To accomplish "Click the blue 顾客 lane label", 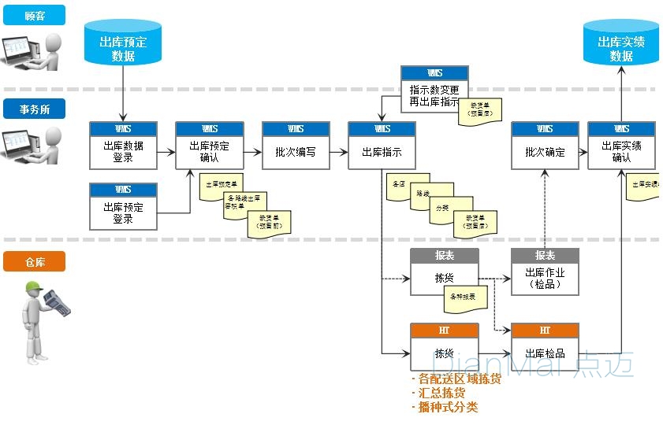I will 34,15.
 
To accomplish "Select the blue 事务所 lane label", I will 34,109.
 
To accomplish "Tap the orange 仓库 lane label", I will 34,261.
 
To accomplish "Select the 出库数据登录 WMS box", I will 123,146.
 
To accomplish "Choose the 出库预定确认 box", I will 210,146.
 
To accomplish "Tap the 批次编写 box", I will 296,146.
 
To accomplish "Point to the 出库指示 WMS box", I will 382,146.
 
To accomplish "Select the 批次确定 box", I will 545,146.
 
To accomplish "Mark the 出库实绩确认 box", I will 621,146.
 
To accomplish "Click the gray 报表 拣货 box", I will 444,272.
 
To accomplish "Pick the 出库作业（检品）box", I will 545,272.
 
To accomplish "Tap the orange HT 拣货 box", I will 444,347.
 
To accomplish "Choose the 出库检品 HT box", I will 545,347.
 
